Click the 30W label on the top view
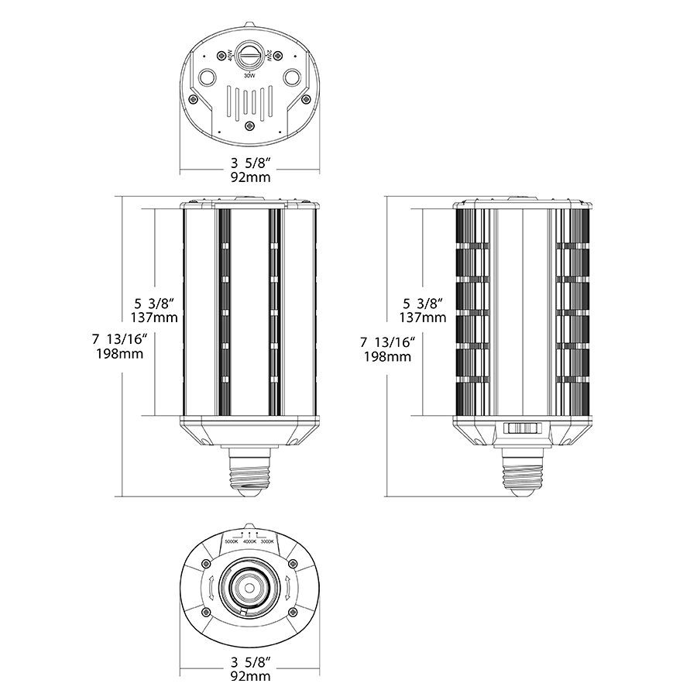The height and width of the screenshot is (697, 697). coord(249,76)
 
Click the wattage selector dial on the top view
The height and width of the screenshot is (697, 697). coord(249,57)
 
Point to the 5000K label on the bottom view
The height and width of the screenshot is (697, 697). coord(231,541)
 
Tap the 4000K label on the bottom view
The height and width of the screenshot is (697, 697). coord(249,541)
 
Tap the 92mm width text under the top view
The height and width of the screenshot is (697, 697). coord(249,178)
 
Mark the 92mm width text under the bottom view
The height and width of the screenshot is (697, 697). coord(249,676)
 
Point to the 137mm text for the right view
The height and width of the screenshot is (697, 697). coord(422,318)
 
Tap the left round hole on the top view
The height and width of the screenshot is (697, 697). coord(208,77)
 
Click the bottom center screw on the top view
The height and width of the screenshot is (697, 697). coord(249,126)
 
